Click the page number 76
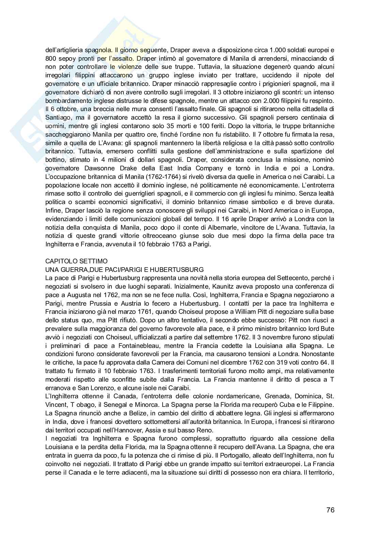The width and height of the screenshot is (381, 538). [330, 510]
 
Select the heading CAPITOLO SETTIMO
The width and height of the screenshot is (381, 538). [76, 261]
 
